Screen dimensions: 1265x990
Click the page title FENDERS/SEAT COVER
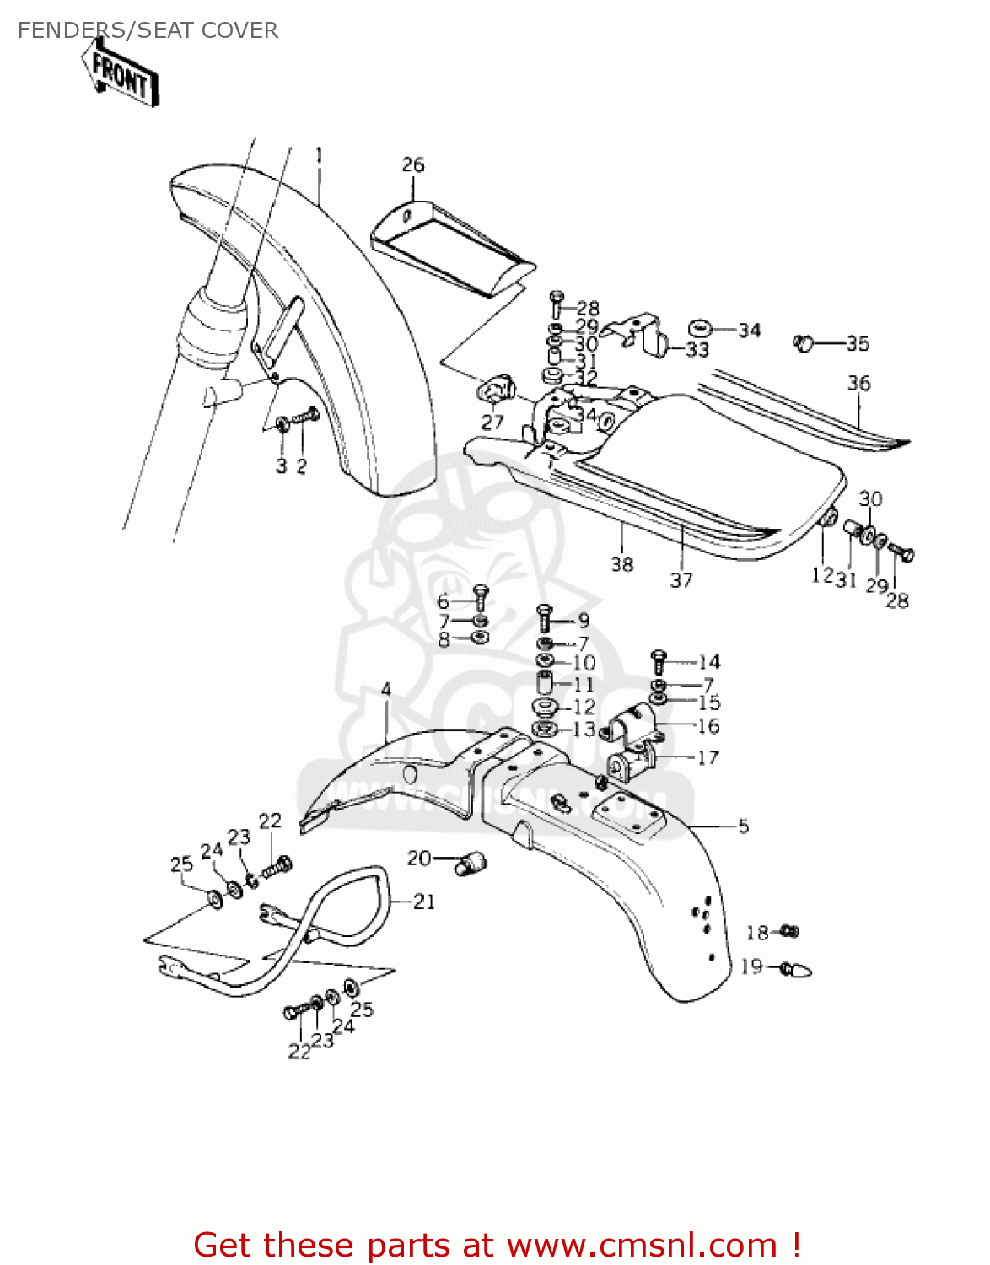click(148, 30)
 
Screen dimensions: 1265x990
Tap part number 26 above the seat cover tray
click(413, 164)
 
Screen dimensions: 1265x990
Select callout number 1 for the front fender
click(320, 155)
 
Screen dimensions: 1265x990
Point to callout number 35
click(858, 343)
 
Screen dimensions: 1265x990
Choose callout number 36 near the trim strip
click(858, 384)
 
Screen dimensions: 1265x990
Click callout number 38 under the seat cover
click(622, 563)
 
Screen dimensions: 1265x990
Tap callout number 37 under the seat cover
click(681, 580)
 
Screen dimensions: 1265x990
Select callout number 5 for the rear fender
click(743, 826)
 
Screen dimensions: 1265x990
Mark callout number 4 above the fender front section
click(386, 690)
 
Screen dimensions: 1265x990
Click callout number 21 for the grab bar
click(424, 902)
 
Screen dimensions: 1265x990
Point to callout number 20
click(419, 858)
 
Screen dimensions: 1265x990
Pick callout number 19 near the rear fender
click(751, 966)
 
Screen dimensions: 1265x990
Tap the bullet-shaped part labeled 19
click(796, 971)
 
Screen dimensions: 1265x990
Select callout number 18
click(757, 932)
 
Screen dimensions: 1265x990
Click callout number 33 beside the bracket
click(697, 349)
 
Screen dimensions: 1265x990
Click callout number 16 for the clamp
click(708, 726)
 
